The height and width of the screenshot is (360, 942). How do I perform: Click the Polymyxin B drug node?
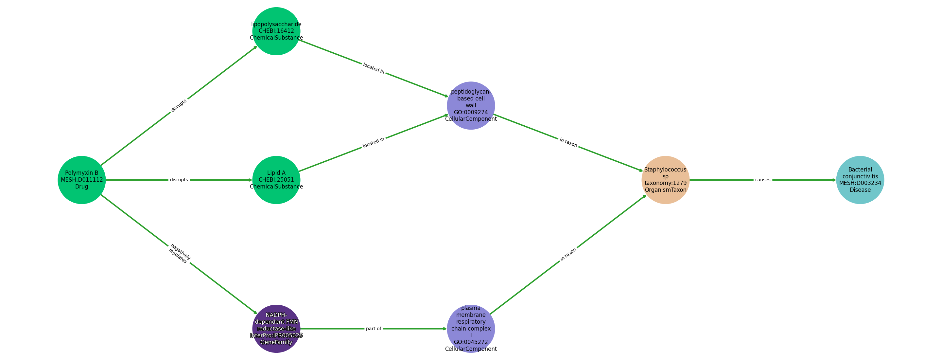click(81, 180)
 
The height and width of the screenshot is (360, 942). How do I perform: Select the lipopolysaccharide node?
click(276, 31)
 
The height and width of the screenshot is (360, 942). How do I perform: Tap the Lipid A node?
click(276, 180)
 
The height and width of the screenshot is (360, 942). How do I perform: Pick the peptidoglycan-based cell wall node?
click(471, 105)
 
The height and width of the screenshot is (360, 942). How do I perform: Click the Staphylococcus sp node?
click(665, 180)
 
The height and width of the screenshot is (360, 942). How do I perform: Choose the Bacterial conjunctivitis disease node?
click(860, 180)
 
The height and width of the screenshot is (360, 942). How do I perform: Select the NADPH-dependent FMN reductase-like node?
click(276, 329)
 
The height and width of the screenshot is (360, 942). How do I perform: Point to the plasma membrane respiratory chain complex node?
click(471, 329)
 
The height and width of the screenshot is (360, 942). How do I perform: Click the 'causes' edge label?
click(762, 180)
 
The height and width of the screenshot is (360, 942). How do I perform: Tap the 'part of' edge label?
click(373, 329)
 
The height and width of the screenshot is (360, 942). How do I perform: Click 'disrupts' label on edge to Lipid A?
click(179, 180)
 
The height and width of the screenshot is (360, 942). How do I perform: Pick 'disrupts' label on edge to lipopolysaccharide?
click(179, 105)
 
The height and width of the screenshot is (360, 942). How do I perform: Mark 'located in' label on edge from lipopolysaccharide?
click(373, 68)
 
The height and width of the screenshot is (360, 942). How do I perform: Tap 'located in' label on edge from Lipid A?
click(373, 143)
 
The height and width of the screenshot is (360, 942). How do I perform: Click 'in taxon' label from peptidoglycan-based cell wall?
click(568, 143)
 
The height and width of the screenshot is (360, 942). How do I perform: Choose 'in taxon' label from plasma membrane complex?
click(568, 254)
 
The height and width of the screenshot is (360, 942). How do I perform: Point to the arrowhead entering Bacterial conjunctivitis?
click(833, 180)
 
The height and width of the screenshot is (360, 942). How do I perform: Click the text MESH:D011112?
click(81, 180)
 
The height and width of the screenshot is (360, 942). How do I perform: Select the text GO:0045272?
click(471, 342)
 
